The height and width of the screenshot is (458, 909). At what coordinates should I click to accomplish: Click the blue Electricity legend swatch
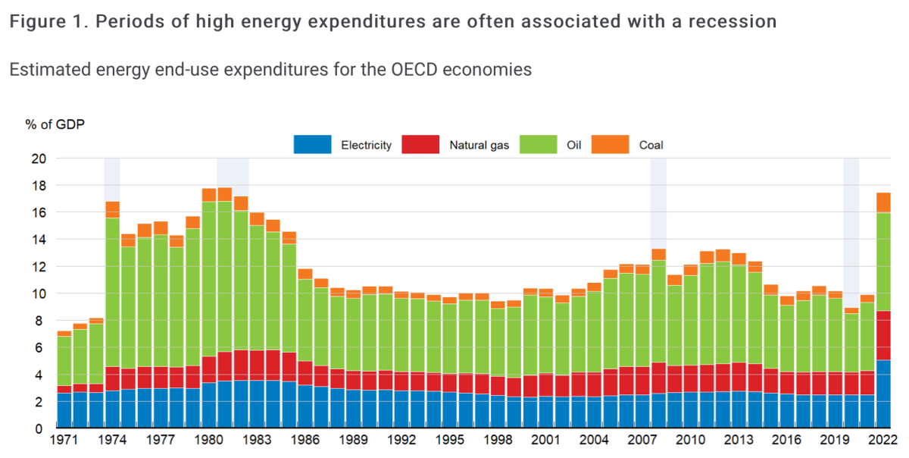tap(313, 144)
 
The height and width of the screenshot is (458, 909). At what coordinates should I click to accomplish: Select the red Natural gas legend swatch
tap(420, 144)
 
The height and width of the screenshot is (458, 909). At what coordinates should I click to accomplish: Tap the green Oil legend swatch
tap(539, 144)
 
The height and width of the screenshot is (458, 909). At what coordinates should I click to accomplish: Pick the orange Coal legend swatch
tap(611, 144)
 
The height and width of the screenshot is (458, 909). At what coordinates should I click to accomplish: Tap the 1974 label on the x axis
tap(112, 439)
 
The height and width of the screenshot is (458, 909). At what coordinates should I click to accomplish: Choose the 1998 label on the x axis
tap(498, 439)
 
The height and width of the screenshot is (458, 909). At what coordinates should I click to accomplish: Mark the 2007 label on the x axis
tap(642, 439)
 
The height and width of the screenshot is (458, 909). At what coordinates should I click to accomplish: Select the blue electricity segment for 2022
tap(883, 394)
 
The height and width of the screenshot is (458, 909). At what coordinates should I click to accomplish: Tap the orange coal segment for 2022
tap(883, 202)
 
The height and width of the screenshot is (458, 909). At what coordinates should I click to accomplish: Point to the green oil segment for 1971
tap(64, 361)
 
